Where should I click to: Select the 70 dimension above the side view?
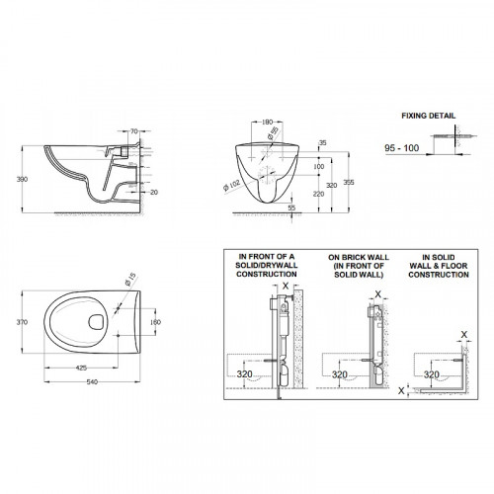[x=135, y=130]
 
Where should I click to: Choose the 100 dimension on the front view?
[x=318, y=168]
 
